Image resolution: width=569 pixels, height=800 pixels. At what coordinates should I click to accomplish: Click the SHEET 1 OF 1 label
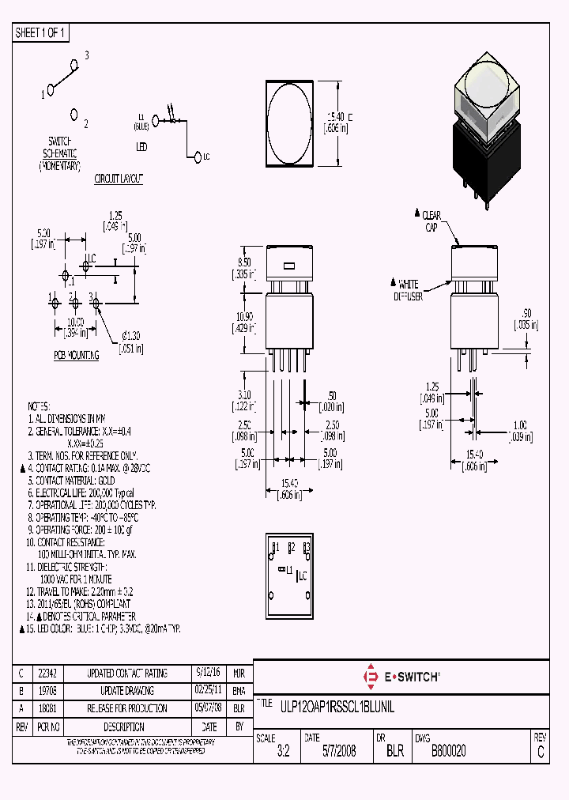click(42, 33)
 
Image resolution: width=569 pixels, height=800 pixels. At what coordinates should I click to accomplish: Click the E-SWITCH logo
click(401, 676)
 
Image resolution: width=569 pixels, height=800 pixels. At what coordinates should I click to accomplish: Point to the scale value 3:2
click(283, 752)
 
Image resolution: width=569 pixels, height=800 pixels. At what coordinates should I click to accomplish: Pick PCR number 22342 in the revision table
click(47, 674)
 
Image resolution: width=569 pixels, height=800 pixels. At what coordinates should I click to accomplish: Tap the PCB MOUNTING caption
click(77, 356)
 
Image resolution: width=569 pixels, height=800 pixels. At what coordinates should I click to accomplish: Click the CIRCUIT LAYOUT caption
click(119, 179)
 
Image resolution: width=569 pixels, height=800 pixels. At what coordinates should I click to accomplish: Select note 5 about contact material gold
click(71, 480)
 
